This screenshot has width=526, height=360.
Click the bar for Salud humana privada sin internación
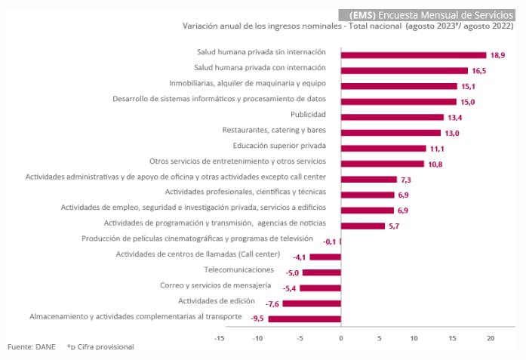(414, 54)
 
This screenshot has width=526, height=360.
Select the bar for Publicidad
(392, 117)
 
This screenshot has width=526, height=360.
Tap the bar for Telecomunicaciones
(332, 272)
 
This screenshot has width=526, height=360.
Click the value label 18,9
(498, 54)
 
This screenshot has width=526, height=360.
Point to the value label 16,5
(480, 70)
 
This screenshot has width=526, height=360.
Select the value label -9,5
(257, 319)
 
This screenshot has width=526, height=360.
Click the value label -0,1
(329, 242)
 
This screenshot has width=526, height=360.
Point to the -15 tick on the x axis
(220, 338)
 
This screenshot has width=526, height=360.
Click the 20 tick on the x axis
(491, 338)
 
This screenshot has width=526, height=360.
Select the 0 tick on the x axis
(341, 338)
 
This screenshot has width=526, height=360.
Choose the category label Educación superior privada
(280, 146)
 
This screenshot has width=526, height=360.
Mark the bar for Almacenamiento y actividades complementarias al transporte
(306, 319)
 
